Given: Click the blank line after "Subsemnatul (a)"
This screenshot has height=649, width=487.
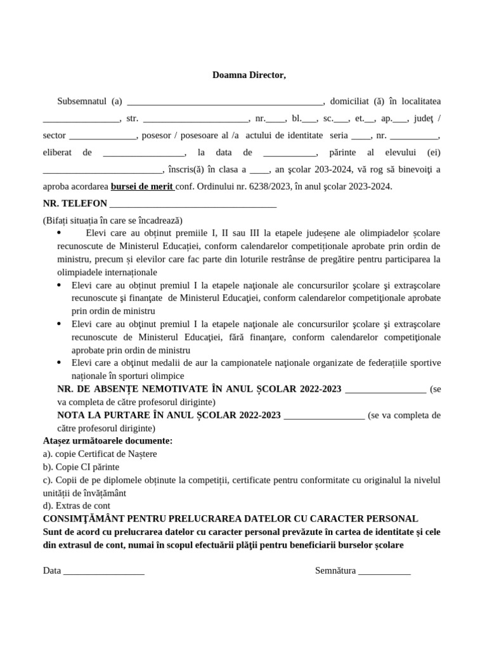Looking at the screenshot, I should point(225,102).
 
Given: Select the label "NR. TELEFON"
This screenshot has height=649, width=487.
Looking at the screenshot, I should point(75,203).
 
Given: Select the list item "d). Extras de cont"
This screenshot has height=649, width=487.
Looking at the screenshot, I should point(77,505).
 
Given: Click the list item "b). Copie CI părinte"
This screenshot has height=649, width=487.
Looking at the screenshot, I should point(81,466).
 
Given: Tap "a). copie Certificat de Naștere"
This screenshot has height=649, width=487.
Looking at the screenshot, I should point(100,454).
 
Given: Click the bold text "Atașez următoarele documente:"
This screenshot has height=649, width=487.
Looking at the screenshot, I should point(108,440).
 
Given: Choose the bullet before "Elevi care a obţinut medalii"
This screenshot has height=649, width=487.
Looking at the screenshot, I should point(59,363).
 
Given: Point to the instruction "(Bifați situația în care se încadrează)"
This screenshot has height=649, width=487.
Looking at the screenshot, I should point(113,220).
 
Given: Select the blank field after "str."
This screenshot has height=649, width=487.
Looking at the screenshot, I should point(195,119).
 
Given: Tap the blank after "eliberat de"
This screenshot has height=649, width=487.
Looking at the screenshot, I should point(143,153).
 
